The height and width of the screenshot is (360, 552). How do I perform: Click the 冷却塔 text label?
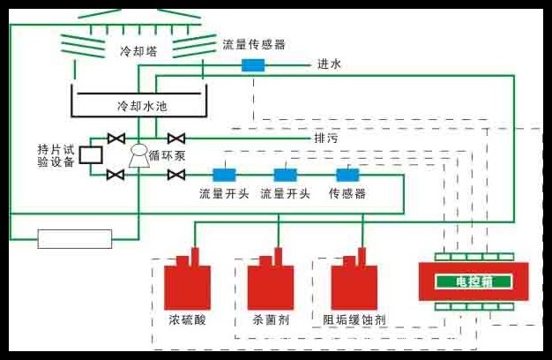(x=137, y=50)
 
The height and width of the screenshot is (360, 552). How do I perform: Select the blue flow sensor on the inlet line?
(x=253, y=64)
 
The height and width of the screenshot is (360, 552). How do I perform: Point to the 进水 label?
(x=329, y=64)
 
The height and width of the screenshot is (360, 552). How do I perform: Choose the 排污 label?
(x=325, y=139)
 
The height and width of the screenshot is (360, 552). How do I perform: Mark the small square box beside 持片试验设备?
(x=90, y=155)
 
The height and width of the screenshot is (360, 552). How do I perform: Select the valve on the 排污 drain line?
(x=177, y=138)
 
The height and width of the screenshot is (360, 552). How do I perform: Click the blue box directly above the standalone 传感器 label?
(x=347, y=174)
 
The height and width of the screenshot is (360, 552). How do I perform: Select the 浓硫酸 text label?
(x=185, y=319)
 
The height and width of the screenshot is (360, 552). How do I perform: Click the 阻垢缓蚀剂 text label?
(x=355, y=319)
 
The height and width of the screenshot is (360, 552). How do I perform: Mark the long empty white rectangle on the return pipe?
(x=75, y=238)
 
